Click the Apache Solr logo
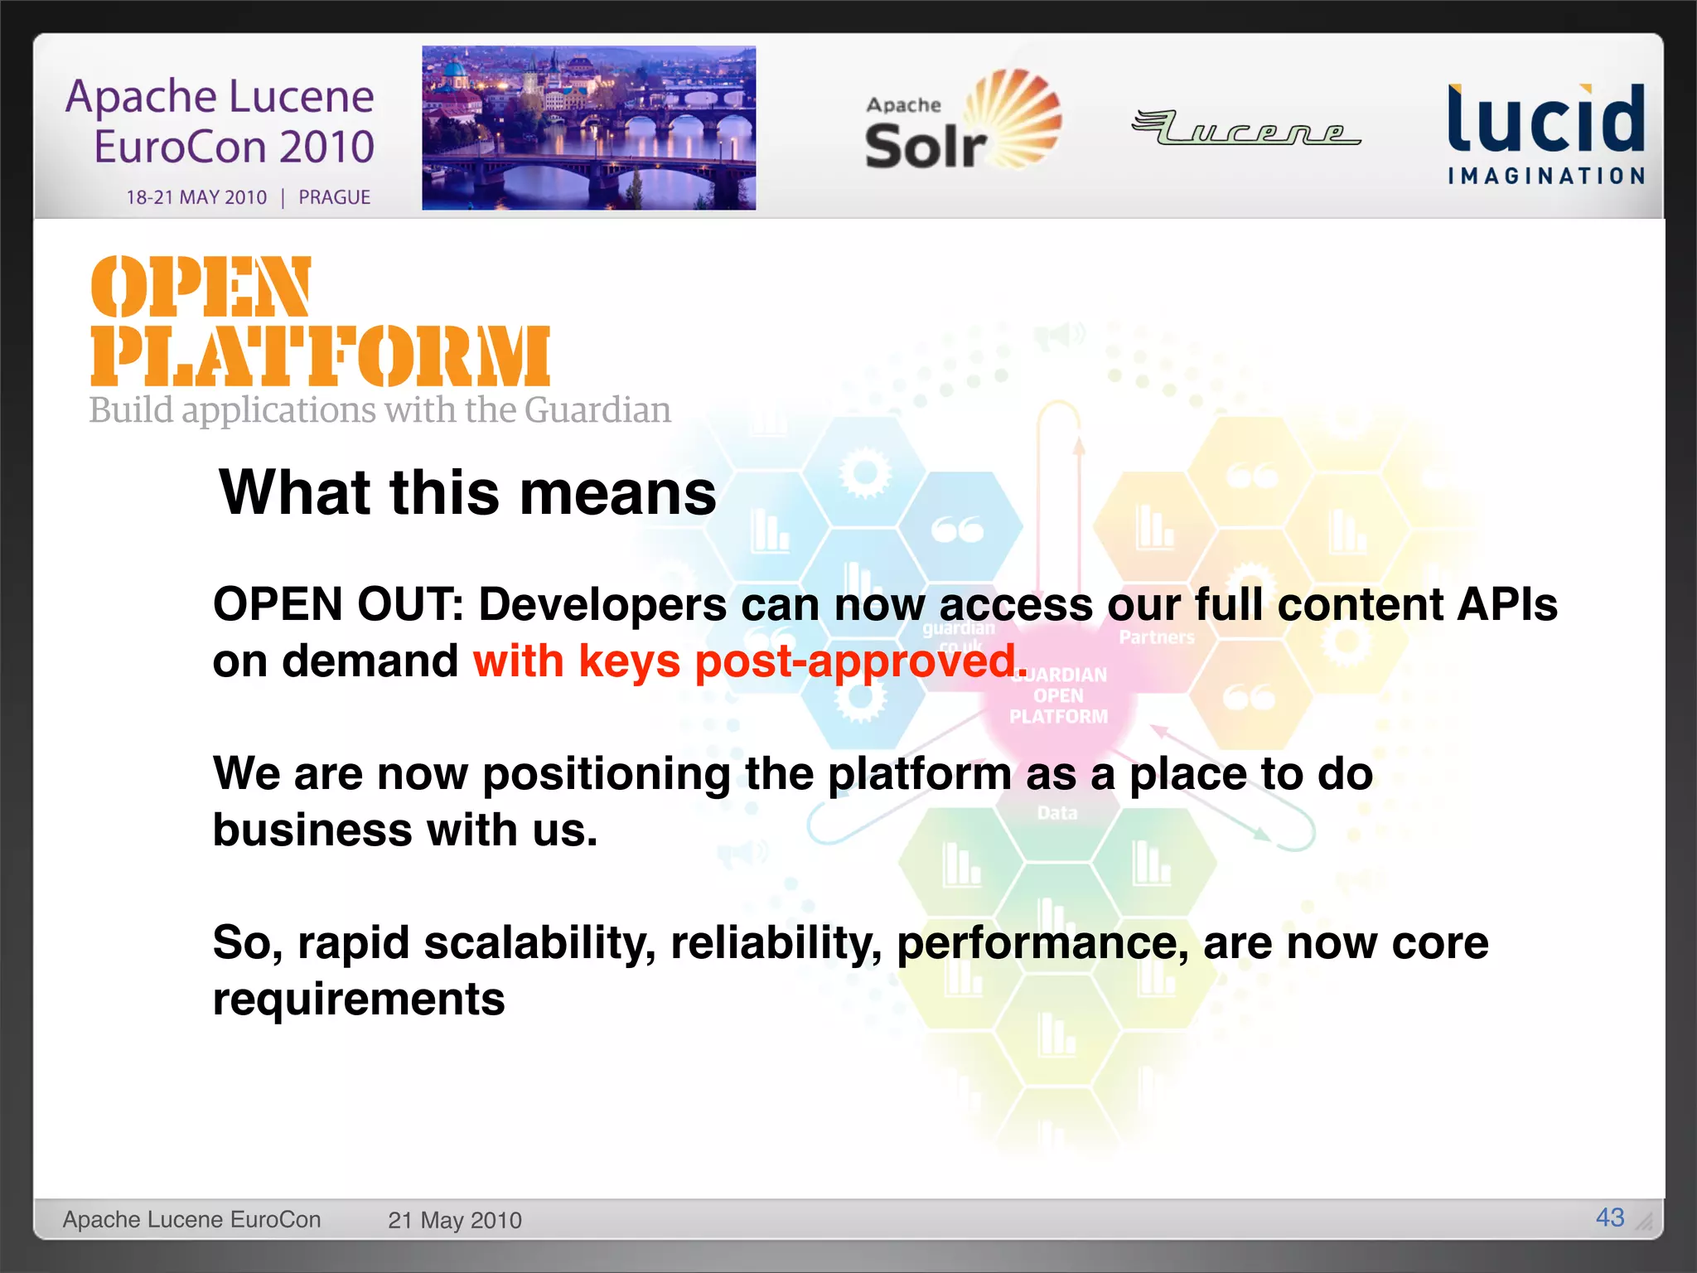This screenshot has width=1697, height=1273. click(961, 123)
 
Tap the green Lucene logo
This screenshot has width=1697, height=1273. click(1246, 128)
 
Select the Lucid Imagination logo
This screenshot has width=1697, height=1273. click(1545, 133)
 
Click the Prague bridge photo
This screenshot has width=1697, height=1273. click(588, 128)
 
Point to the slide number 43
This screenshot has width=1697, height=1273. click(1609, 1217)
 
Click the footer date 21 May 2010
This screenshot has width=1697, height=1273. click(454, 1220)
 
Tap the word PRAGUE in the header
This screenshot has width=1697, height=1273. click(334, 197)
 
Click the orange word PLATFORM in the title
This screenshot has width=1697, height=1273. click(320, 356)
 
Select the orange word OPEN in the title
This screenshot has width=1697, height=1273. click(201, 287)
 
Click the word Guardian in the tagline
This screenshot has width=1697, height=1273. click(597, 410)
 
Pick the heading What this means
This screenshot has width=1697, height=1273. click(467, 492)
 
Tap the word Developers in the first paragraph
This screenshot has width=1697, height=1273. click(602, 604)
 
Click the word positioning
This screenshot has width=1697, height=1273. click(606, 774)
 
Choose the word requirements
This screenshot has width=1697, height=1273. click(359, 1000)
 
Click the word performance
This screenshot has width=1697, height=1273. click(1042, 943)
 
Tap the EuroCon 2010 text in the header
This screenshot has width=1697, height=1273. click(234, 147)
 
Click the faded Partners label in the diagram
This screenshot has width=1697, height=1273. click(1157, 637)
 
